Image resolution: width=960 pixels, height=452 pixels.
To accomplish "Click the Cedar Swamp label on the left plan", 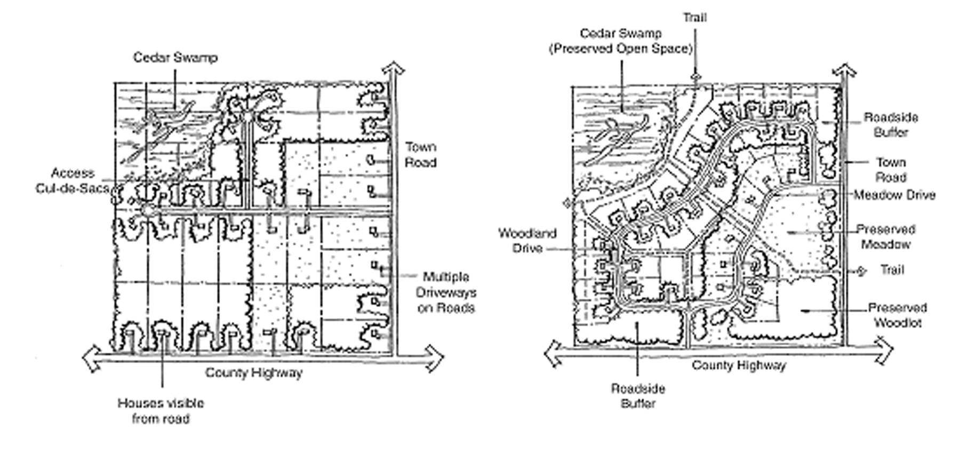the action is tap(175, 58).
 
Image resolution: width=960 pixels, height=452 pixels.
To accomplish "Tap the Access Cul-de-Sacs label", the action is tap(73, 180).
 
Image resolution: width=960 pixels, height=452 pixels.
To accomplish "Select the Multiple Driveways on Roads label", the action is tap(446, 292).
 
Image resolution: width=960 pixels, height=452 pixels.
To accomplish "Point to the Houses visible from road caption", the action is tap(161, 411).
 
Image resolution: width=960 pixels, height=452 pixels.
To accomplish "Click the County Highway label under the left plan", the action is tap(254, 372).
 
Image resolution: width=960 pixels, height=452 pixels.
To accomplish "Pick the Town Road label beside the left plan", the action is tap(420, 155).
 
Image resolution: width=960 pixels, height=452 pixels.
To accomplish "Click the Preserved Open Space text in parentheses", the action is tap(621, 49).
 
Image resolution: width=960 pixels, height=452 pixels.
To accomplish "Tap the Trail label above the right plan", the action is tap(695, 18).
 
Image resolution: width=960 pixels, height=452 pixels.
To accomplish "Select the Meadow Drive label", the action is tap(894, 195).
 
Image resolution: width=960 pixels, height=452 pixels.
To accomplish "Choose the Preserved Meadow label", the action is tap(886, 237).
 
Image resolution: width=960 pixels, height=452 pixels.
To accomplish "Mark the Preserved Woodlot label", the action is tap(898, 315).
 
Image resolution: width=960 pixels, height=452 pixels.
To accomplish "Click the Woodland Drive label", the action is tap(527, 241).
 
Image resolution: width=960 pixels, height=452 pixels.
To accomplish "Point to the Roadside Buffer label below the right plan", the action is tap(638, 396).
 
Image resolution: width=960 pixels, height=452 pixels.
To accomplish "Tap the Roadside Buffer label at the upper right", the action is tap(891, 124).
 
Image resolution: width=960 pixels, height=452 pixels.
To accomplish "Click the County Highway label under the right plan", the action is tap(739, 366).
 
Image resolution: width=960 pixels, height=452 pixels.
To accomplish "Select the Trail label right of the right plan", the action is tap(892, 270).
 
